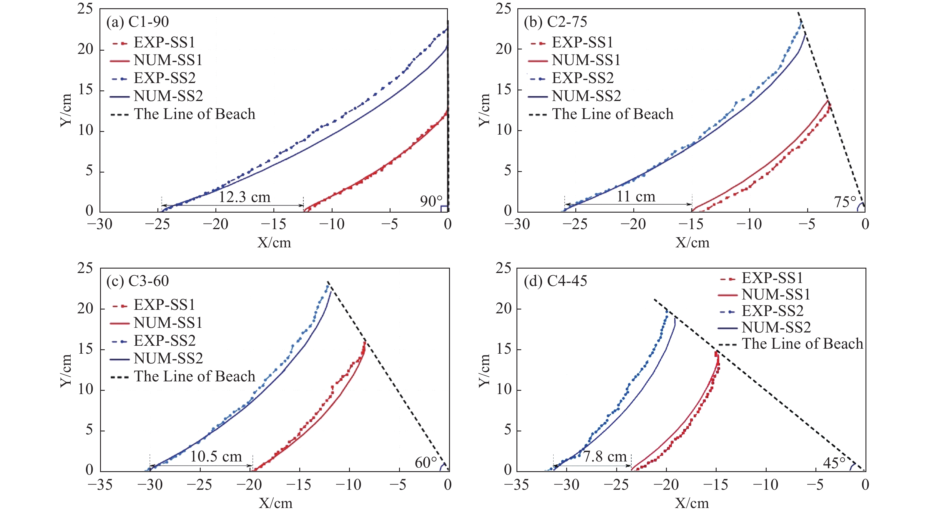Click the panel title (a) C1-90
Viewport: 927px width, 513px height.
[x=137, y=22]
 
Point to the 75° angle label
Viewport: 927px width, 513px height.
[x=845, y=202]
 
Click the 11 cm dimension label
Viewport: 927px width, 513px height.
[x=636, y=196]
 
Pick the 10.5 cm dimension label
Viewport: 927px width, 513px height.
[x=216, y=456]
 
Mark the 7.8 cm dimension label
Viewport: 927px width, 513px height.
[x=605, y=456]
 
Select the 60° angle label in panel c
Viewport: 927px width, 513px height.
[x=426, y=463]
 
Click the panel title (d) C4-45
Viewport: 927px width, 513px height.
[x=555, y=281]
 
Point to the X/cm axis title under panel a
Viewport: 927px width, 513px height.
[x=274, y=243]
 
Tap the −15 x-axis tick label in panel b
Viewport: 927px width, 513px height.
[x=691, y=224]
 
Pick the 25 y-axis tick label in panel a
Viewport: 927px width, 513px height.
[x=85, y=9]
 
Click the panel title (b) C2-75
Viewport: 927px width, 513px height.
[x=556, y=22]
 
